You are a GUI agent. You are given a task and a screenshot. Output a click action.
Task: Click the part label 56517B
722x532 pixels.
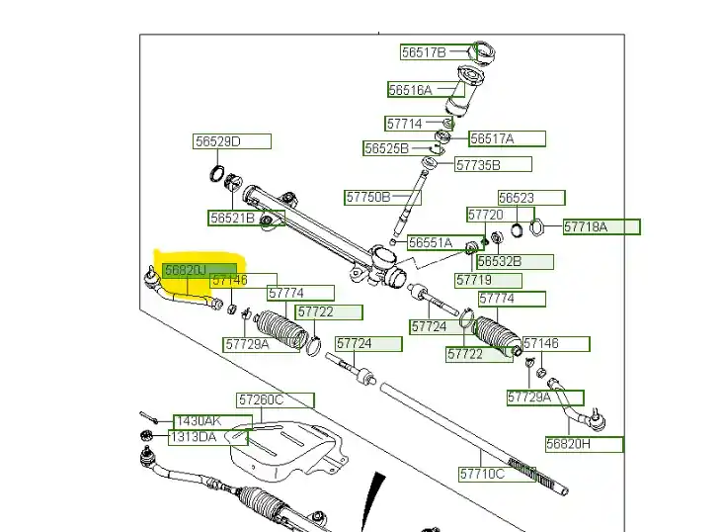(423, 52)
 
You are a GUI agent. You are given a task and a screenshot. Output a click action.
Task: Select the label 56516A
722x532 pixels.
(410, 90)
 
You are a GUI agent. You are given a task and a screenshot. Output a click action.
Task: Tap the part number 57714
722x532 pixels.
(404, 125)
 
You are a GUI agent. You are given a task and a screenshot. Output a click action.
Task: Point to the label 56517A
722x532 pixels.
(492, 139)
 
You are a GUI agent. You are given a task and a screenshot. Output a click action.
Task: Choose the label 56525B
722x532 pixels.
(385, 148)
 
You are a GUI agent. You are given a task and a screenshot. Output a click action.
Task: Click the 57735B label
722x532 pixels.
(478, 165)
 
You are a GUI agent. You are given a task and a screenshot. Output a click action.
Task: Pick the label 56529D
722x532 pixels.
(217, 142)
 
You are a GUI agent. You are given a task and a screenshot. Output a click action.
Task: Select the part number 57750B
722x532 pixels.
(368, 197)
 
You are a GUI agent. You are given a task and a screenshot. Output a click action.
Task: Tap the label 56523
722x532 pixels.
(517, 198)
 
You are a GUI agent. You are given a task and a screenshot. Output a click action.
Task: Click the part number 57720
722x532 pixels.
(485, 215)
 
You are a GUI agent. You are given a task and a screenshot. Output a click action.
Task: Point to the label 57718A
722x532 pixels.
(587, 227)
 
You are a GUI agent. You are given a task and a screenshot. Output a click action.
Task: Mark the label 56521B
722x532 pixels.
(232, 218)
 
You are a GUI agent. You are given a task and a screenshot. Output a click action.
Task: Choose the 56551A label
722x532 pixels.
(431, 242)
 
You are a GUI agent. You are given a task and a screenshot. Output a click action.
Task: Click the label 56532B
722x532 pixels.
(500, 262)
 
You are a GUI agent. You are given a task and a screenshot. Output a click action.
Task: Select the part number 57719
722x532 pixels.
(473, 281)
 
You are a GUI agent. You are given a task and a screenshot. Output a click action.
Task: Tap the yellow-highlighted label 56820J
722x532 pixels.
(186, 269)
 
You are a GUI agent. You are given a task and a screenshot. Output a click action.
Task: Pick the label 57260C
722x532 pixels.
(260, 400)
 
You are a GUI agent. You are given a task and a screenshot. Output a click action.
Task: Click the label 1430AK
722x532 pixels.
(197, 421)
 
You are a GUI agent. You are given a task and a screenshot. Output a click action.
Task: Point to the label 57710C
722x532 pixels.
(482, 475)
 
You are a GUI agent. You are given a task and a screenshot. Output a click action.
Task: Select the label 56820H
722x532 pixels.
(569, 445)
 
